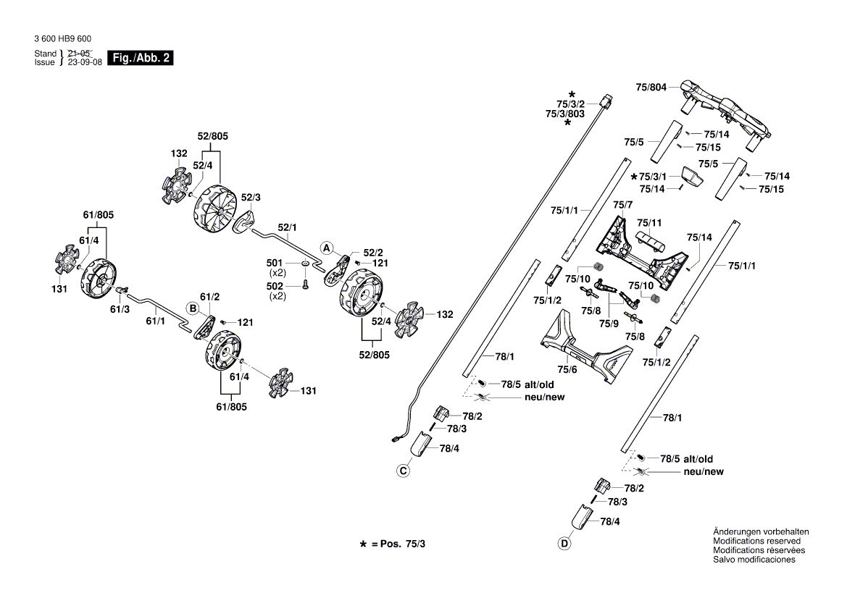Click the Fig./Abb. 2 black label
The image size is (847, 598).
tap(140, 58)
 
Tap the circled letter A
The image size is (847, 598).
tap(327, 248)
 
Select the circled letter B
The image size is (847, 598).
tap(193, 308)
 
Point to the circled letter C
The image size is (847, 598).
tap(403, 471)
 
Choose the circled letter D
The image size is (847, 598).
tap(564, 544)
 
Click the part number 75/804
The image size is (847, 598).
tap(651, 87)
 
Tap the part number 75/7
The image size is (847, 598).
tap(623, 206)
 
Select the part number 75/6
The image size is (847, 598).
tap(567, 369)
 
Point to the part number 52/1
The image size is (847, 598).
tap(288, 227)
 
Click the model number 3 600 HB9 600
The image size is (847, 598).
tap(62, 39)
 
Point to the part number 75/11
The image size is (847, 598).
tap(649, 222)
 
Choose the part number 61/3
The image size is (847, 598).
tap(120, 309)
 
